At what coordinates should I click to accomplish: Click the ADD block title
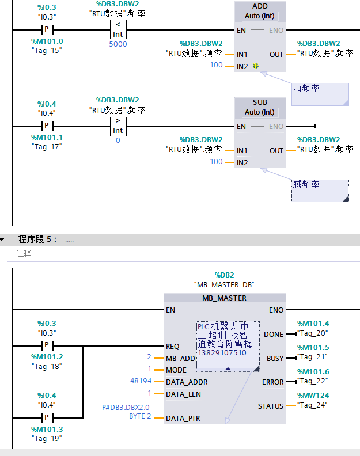point(260,6)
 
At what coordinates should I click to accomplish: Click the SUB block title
point(260,102)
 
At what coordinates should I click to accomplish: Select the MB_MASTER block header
point(224,298)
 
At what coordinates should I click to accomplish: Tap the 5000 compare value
point(118,44)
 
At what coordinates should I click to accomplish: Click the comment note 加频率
point(306,89)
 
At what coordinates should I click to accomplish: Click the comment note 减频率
point(306,185)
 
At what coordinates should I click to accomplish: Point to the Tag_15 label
point(47,50)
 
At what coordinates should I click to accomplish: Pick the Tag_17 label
point(47,146)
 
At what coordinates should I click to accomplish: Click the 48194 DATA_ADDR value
point(141,382)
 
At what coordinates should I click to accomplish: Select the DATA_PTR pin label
point(183,419)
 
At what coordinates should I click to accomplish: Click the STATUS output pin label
point(271,406)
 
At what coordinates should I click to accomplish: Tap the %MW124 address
point(313,395)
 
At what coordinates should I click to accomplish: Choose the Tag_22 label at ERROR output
point(313,382)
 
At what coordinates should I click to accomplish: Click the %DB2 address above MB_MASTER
point(224,275)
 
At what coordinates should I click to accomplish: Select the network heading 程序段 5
point(37,239)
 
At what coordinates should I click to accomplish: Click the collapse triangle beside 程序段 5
point(3,239)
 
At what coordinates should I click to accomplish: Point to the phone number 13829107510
point(222,353)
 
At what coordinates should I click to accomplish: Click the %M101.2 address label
point(47,357)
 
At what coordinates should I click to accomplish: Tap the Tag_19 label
point(47,438)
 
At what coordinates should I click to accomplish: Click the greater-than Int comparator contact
point(118,126)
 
